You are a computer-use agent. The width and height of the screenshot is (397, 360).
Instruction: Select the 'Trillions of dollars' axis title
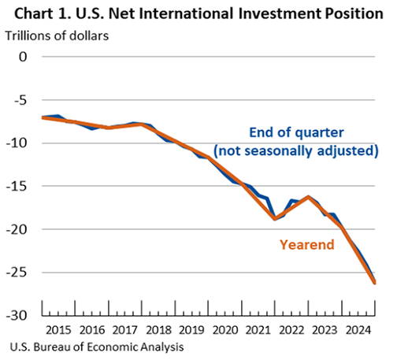[x=58, y=35]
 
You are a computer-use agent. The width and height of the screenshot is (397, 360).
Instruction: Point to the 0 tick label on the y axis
[x=23, y=57]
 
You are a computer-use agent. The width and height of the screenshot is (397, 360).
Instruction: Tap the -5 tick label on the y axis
[x=20, y=100]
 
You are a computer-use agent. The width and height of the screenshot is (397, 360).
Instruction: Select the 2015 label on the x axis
[x=58, y=328]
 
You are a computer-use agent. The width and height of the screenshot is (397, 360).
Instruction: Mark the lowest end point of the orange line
[x=375, y=282]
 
